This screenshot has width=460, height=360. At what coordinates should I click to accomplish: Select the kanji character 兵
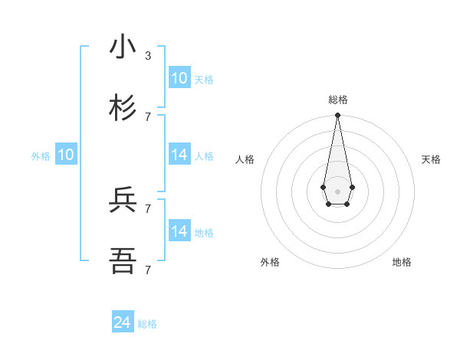[123, 200]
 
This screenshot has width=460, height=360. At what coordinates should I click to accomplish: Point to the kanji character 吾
[123, 261]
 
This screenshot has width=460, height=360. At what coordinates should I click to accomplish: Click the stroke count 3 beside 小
[148, 56]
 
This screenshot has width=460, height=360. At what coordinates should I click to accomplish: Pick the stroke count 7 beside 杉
[148, 116]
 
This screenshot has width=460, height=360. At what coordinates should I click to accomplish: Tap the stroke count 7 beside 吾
[148, 270]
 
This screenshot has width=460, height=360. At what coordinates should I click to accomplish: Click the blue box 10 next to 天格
[179, 78]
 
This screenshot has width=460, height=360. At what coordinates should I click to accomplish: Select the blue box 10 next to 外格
[66, 155]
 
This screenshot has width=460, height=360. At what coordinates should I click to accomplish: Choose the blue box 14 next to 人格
[179, 155]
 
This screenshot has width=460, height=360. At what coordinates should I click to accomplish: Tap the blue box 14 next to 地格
[179, 231]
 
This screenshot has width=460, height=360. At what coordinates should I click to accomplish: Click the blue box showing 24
[123, 322]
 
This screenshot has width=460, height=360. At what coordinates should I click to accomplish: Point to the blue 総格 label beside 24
[147, 324]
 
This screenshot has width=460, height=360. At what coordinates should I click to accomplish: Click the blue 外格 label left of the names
[41, 156]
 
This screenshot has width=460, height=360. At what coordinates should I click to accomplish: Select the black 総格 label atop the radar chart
[338, 100]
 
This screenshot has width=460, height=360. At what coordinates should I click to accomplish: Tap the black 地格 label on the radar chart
[402, 262]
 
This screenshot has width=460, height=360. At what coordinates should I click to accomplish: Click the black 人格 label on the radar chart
[245, 159]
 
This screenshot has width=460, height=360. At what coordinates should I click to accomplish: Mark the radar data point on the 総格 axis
[337, 116]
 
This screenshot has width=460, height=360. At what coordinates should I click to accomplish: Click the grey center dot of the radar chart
[337, 191]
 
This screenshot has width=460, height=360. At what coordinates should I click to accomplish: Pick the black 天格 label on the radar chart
[431, 159]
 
